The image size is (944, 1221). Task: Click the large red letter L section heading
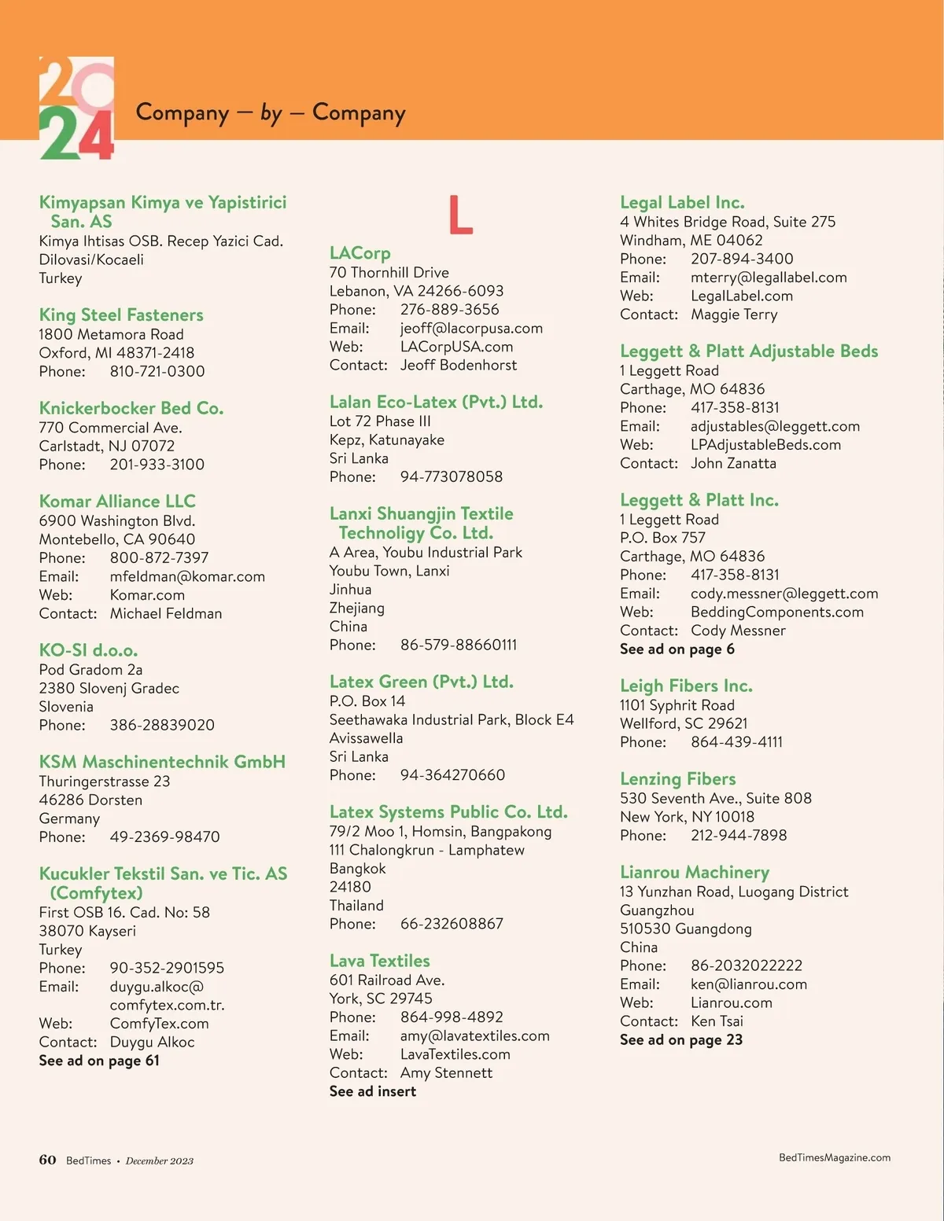460,215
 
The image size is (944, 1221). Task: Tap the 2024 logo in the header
76,108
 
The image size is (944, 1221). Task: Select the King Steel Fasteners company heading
121,315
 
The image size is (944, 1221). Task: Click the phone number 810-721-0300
157,371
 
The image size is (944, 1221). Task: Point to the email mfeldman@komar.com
187,576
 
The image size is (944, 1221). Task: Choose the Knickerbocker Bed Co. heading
131,408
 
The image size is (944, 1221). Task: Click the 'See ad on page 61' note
99,1061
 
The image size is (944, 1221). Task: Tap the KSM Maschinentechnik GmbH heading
162,762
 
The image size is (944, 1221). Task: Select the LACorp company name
360,253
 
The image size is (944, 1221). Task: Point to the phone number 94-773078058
451,476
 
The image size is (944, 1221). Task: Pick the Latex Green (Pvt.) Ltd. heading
422,682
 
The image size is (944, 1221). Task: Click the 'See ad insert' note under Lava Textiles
373,1091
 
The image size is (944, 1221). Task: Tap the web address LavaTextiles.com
455,1054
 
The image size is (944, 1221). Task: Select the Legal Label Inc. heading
682,203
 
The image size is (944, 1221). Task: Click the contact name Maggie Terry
734,314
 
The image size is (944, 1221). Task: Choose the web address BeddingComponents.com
776,612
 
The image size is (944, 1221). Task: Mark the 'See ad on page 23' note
681,1039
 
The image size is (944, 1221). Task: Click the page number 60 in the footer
48,1160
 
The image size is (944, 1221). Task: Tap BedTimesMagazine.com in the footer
834,1157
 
